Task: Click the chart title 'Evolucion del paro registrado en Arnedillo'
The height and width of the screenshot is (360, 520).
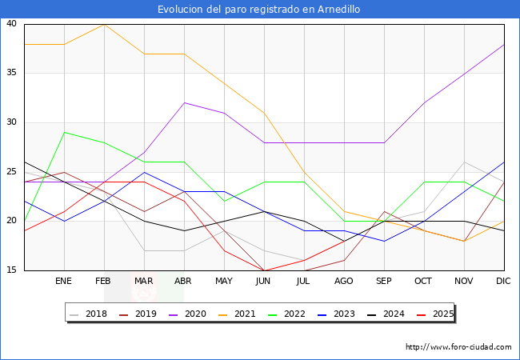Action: (259, 10)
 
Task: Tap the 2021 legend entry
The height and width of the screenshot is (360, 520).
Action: (241, 314)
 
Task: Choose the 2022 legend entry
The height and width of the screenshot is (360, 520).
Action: (290, 314)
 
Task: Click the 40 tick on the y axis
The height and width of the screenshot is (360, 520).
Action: (11, 24)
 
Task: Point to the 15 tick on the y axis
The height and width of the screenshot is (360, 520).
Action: (11, 270)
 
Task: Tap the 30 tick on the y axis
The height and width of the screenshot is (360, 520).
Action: (11, 122)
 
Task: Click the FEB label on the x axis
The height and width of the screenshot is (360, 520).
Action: (103, 282)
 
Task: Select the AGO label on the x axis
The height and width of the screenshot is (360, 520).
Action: (344, 282)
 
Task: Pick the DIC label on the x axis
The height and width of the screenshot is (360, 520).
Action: (504, 282)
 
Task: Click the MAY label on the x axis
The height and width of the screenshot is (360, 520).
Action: (224, 282)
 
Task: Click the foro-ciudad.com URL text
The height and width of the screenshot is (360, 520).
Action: (458, 347)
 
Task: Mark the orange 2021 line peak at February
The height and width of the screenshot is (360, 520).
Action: (104, 24)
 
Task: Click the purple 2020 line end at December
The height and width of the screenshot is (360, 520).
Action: (504, 44)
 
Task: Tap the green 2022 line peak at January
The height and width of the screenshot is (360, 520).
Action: (64, 132)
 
